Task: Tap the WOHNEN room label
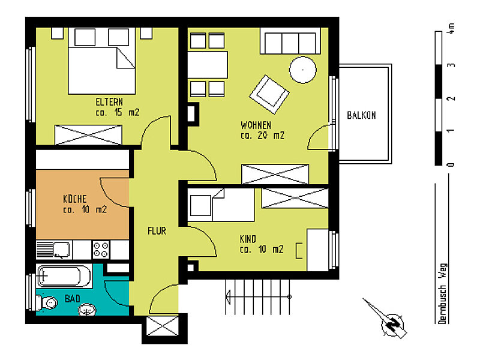pyautogui.click(x=256, y=125)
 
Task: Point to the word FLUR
pyautogui.click(x=157, y=230)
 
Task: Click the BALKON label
pyautogui.click(x=361, y=115)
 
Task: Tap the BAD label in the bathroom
pyautogui.click(x=73, y=298)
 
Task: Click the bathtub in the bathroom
pyautogui.click(x=65, y=277)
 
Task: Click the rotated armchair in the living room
pyautogui.click(x=269, y=93)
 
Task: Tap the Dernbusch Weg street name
pyautogui.click(x=442, y=293)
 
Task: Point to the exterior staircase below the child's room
pyautogui.click(x=258, y=295)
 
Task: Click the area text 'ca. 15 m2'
pyautogui.click(x=118, y=112)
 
